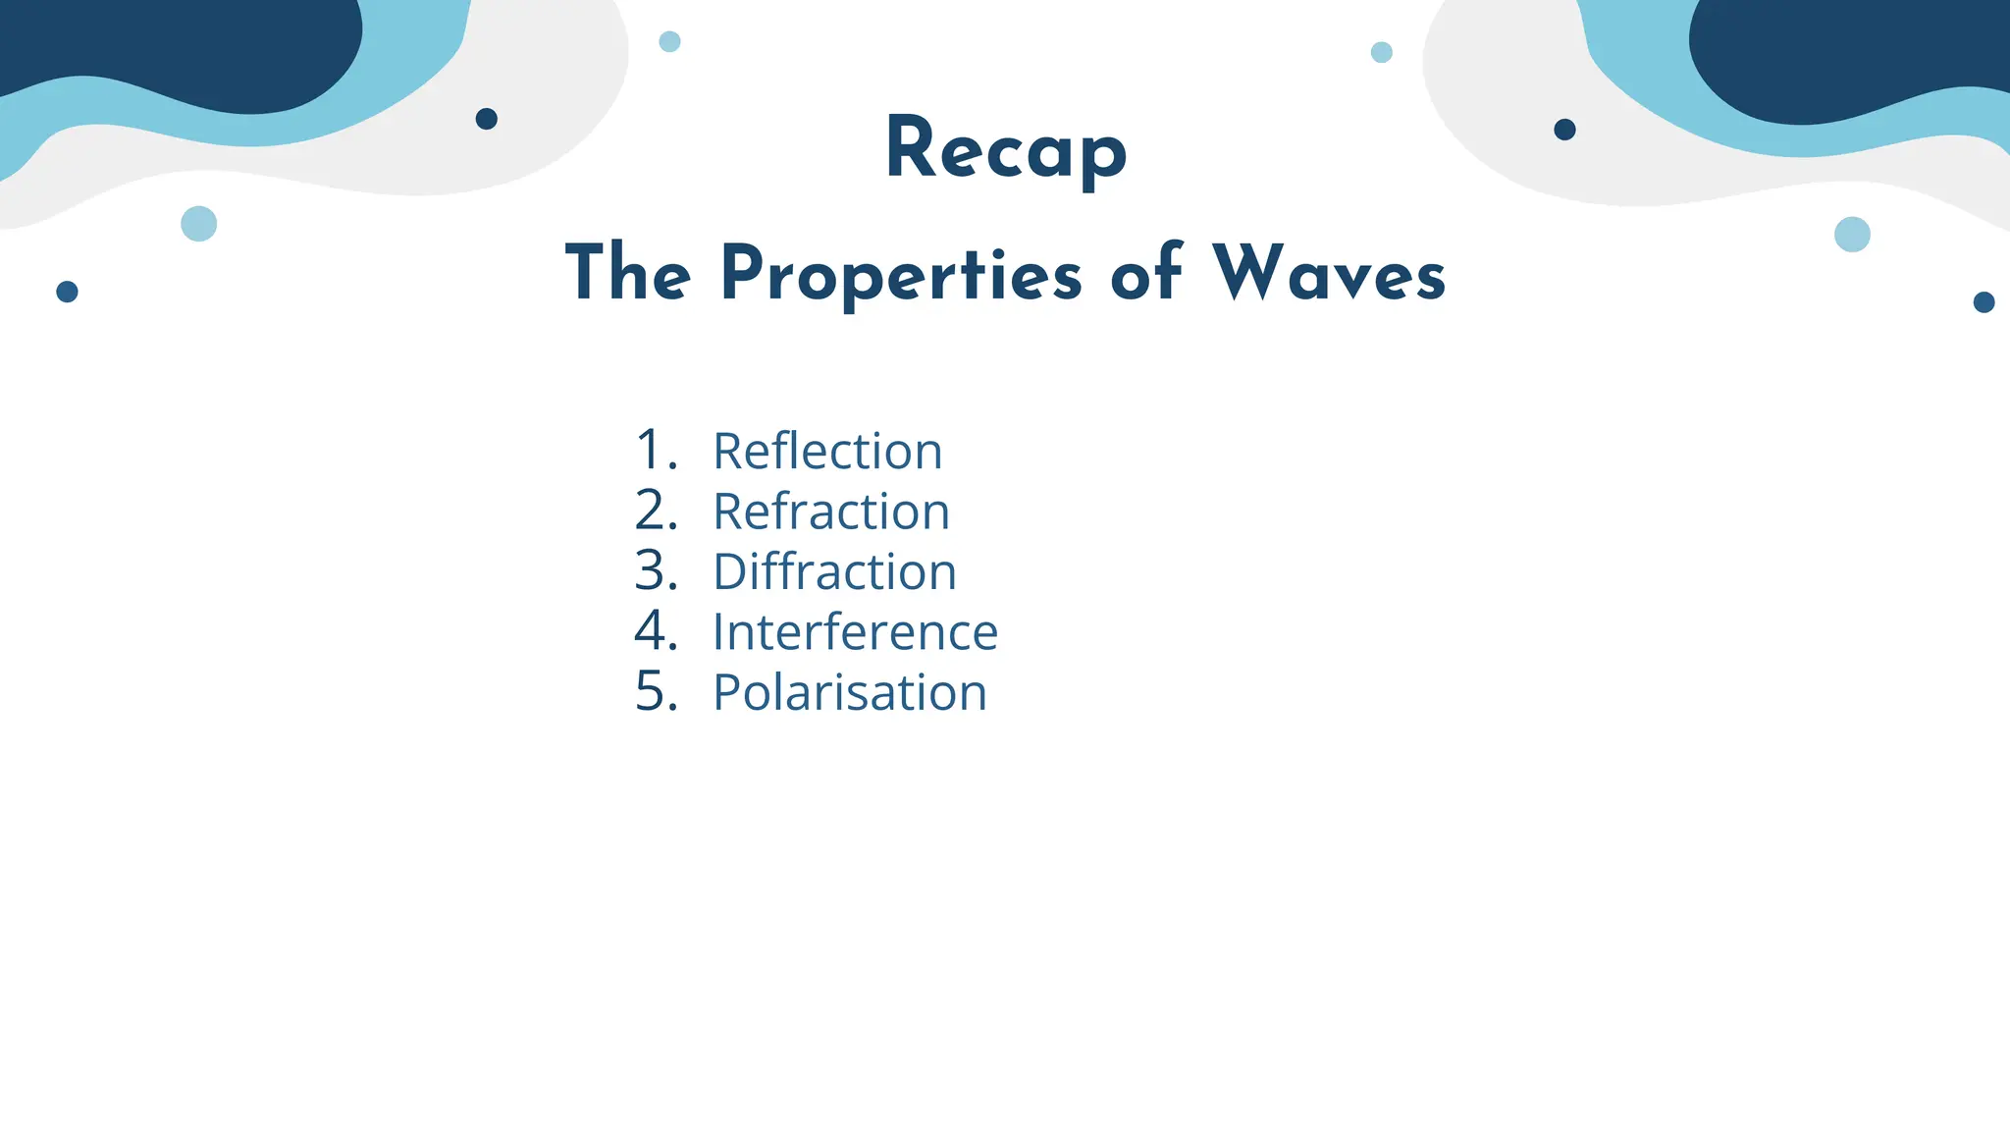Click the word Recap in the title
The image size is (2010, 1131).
click(x=1006, y=149)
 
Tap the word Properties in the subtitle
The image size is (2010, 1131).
click(x=901, y=274)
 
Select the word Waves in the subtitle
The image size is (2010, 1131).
click(x=1329, y=274)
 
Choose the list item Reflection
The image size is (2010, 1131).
click(x=827, y=452)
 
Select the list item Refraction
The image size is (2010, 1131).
click(x=831, y=512)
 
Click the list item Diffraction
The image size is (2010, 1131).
click(x=834, y=571)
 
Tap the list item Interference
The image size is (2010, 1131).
click(x=855, y=632)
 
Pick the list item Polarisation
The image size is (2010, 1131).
click(x=849, y=692)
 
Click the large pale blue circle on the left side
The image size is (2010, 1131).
click(x=199, y=224)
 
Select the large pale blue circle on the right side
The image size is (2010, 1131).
click(x=1852, y=235)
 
